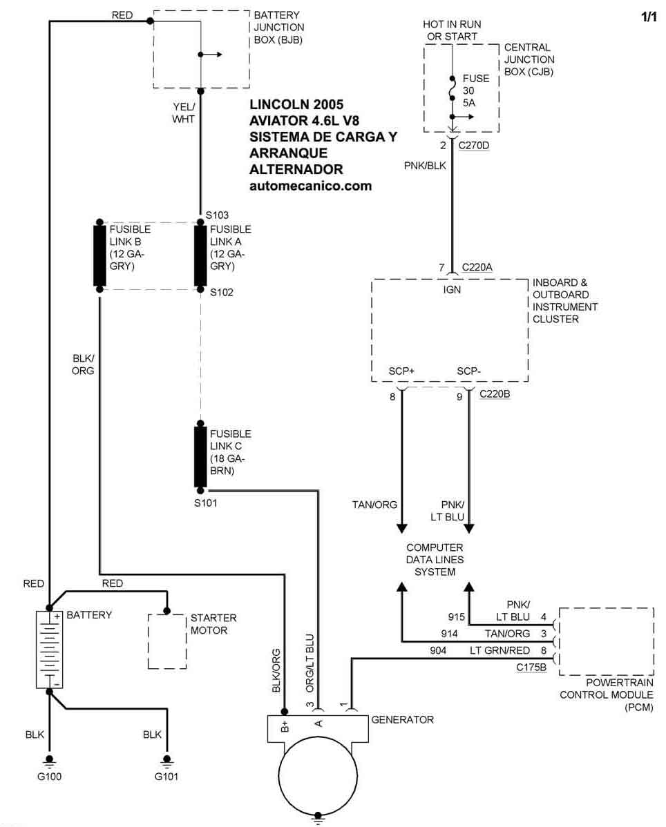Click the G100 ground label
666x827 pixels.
50,777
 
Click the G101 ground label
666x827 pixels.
166,777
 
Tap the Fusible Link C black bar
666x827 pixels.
201,457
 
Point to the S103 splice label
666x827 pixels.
217,215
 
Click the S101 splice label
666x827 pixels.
206,503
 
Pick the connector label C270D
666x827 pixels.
475,146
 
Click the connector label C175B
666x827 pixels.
531,668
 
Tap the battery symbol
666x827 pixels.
50,649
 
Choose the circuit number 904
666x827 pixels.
438,650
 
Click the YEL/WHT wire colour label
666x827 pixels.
184,113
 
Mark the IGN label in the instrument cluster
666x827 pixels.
452,290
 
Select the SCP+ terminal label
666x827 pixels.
401,371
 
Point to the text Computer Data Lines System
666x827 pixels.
435,560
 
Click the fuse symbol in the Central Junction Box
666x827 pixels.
452,90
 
